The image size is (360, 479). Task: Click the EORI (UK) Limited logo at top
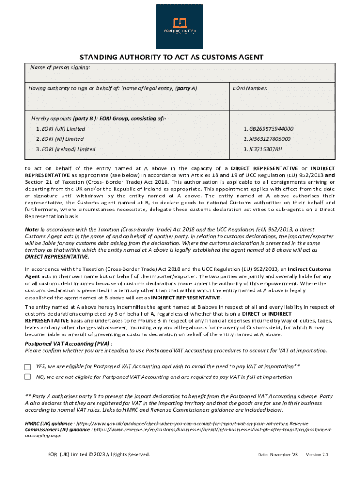click(x=180, y=26)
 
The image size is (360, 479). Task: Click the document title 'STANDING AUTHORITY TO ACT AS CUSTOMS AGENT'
click(x=171, y=58)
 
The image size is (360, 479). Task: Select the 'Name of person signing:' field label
click(x=60, y=68)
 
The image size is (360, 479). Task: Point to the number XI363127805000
click(x=267, y=139)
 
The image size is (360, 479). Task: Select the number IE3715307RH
click(x=263, y=150)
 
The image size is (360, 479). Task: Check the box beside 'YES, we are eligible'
click(x=28, y=367)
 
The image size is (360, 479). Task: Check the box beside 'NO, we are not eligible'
click(x=28, y=377)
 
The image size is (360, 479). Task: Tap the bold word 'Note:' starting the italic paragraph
click(x=32, y=230)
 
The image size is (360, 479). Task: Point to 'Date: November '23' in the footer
click(x=278, y=455)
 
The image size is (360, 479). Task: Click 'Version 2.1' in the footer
click(x=317, y=455)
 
